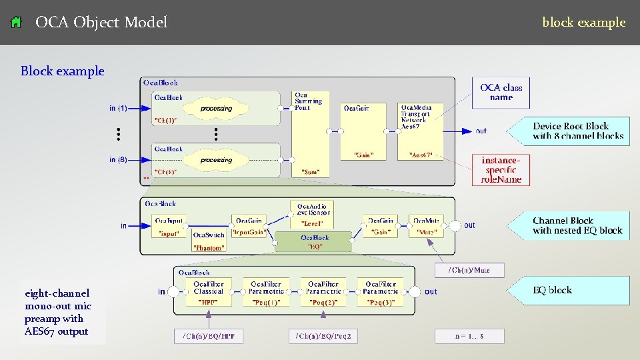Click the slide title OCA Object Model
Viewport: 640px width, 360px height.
click(x=101, y=23)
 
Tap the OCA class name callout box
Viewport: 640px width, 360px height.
click(x=501, y=92)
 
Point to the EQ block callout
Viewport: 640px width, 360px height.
click(x=552, y=290)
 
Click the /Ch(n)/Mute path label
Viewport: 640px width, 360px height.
click(x=469, y=270)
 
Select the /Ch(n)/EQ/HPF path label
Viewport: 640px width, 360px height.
click(x=208, y=337)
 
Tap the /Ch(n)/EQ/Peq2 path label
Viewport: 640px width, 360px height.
click(x=323, y=337)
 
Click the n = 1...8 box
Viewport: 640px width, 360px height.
click(x=469, y=337)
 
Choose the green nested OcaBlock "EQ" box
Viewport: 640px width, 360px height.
click(x=314, y=241)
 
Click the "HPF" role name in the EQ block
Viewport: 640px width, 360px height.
click(x=208, y=302)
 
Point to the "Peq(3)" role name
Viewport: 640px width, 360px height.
click(x=381, y=302)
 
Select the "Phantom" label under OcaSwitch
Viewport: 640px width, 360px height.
click(x=208, y=247)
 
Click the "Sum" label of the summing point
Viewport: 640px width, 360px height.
click(x=310, y=172)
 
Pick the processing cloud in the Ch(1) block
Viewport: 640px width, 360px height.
click(x=216, y=108)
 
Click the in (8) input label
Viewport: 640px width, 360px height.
click(x=118, y=160)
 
